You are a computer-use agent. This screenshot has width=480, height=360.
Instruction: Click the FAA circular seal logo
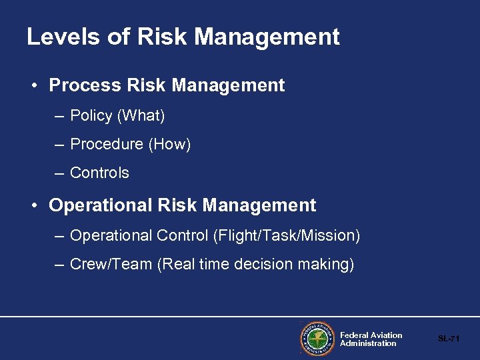(x=317, y=339)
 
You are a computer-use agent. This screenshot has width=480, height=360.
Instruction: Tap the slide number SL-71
(x=449, y=339)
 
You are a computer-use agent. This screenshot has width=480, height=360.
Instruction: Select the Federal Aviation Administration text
(x=371, y=339)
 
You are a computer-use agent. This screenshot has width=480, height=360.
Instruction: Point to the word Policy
(x=91, y=116)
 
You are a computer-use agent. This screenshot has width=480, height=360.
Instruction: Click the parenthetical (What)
(x=141, y=116)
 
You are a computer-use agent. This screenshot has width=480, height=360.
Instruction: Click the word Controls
(x=99, y=173)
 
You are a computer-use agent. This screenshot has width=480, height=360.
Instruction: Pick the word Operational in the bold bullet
(x=101, y=205)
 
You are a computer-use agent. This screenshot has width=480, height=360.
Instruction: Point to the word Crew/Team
(x=111, y=265)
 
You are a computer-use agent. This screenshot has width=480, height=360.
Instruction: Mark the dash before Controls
(x=59, y=173)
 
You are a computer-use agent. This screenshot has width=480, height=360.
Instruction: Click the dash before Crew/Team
(x=59, y=265)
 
